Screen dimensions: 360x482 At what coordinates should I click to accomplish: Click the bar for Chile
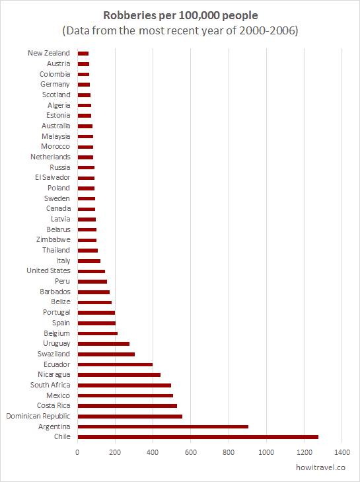(198, 437)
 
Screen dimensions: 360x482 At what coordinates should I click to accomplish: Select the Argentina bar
(162, 426)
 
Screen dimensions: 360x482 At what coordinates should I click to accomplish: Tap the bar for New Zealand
(83, 54)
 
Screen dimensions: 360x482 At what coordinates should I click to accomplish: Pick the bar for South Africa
(124, 385)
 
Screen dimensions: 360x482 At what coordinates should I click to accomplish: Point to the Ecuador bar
(115, 364)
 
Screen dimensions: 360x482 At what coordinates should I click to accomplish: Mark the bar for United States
(91, 271)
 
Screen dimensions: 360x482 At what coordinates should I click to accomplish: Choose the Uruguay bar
(104, 344)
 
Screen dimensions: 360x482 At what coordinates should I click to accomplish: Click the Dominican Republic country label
(38, 417)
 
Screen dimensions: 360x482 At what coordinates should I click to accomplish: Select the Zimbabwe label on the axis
(53, 239)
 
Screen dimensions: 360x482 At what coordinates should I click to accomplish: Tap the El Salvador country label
(53, 177)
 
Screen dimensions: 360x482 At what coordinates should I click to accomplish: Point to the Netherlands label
(50, 157)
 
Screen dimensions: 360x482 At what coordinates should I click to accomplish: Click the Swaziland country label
(54, 354)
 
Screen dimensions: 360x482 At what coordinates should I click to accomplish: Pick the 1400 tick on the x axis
(342, 452)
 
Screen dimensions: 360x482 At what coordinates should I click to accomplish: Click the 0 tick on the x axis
(78, 452)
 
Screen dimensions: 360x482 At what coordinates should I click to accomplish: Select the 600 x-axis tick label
(191, 452)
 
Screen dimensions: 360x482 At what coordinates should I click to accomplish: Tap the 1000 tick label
(266, 452)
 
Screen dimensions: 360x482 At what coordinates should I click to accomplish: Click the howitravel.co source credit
(320, 467)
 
